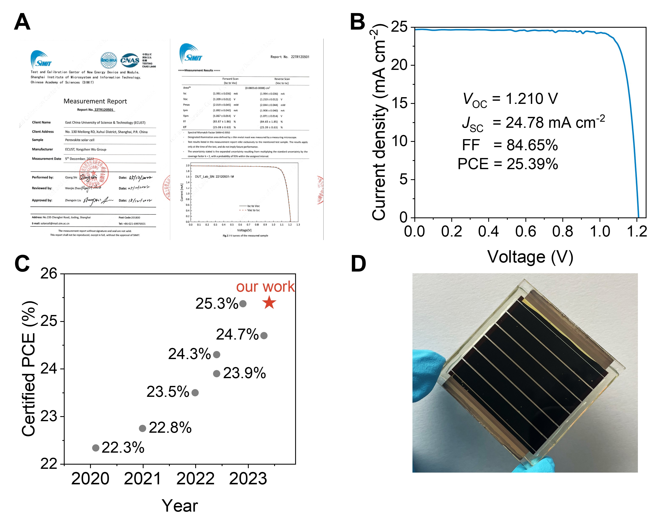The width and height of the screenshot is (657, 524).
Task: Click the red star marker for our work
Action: point(269,303)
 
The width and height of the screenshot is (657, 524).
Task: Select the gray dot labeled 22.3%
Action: point(96,448)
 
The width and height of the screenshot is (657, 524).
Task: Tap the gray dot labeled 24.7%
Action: point(264,336)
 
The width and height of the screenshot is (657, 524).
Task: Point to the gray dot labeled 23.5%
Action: point(195,393)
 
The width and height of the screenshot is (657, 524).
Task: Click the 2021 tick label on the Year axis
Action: point(143,479)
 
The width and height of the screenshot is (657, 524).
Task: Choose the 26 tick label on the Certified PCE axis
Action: point(49,274)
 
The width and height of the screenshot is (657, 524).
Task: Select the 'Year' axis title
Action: point(180,506)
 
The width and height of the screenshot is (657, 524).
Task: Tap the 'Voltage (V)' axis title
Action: point(530,257)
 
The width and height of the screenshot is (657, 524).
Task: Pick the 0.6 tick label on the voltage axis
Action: point(526,231)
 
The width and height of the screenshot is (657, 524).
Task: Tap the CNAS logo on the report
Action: point(130,60)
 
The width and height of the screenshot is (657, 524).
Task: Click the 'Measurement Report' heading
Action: point(95,101)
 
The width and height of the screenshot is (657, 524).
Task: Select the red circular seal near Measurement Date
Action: point(94,173)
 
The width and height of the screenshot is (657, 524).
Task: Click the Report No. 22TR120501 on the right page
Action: point(290,57)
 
